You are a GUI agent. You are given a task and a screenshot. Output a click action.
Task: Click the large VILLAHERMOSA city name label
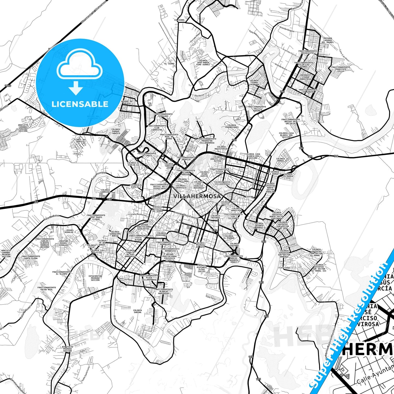pos(197,196)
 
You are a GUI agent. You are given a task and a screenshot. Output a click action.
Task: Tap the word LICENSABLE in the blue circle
pos(80,104)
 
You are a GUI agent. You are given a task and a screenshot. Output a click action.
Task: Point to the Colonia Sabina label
pos(137,311)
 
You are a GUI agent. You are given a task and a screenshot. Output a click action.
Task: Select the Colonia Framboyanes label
pos(232,126)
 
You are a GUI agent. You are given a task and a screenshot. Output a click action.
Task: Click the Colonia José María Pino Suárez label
pos(203,62)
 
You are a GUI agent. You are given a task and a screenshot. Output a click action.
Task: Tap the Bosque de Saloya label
pos(127,102)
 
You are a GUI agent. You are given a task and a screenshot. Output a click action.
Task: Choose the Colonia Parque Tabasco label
pos(116,131)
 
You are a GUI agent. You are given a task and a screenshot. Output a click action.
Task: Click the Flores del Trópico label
pos(80,141)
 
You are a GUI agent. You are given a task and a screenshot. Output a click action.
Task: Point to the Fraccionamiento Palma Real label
pos(47,288)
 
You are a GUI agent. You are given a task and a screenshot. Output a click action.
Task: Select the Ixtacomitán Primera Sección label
pos(95,278)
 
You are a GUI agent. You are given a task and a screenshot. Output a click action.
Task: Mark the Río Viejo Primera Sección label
pos(68,349)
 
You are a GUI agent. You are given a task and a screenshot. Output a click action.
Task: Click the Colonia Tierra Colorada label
pos(254,82)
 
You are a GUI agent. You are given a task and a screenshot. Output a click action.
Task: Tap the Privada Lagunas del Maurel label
pos(328,40)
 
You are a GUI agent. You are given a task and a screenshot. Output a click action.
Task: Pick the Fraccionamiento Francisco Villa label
pos(341,69)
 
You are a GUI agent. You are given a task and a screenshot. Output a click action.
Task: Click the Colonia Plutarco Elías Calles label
pos(202,268)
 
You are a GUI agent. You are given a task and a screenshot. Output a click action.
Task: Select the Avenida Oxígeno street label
pos(287,29)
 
